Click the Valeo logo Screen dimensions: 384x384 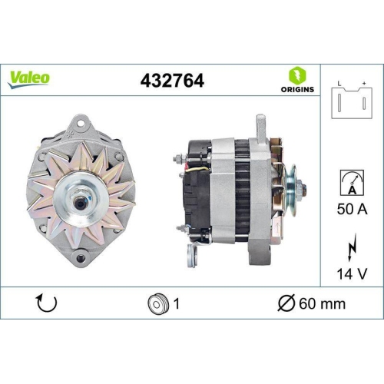pos(30,78)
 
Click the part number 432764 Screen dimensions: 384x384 pos(174,79)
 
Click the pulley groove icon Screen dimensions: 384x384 pos(157,303)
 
